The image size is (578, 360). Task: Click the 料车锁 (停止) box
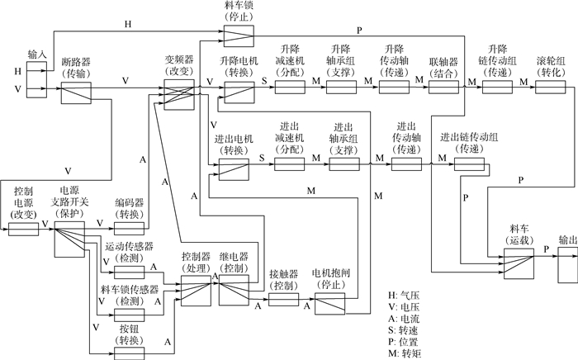click(x=240, y=32)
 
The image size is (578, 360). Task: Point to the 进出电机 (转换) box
click(x=235, y=169)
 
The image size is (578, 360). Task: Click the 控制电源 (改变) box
click(x=25, y=228)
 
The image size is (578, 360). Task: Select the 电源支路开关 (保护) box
click(x=70, y=238)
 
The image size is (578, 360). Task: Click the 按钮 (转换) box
click(x=128, y=353)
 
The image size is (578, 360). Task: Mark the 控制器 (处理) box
click(x=197, y=290)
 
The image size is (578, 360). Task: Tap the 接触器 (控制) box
click(x=283, y=298)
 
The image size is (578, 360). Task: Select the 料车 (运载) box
click(x=519, y=262)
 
